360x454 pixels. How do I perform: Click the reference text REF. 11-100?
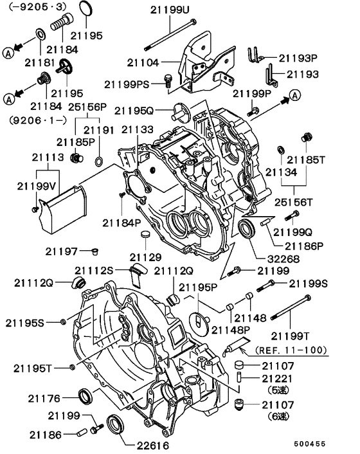pyautogui.click(x=291, y=350)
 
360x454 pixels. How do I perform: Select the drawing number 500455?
pyautogui.click(x=329, y=443)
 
